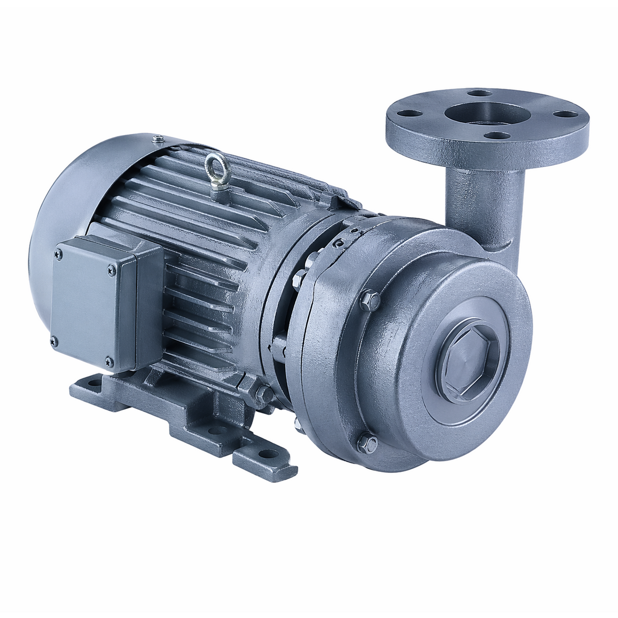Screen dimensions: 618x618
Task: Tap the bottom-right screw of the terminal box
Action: [108, 361]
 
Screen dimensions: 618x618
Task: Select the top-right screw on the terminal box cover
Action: [112, 273]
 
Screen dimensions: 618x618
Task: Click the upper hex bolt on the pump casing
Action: [370, 300]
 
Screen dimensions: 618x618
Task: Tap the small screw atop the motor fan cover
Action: [158, 137]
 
